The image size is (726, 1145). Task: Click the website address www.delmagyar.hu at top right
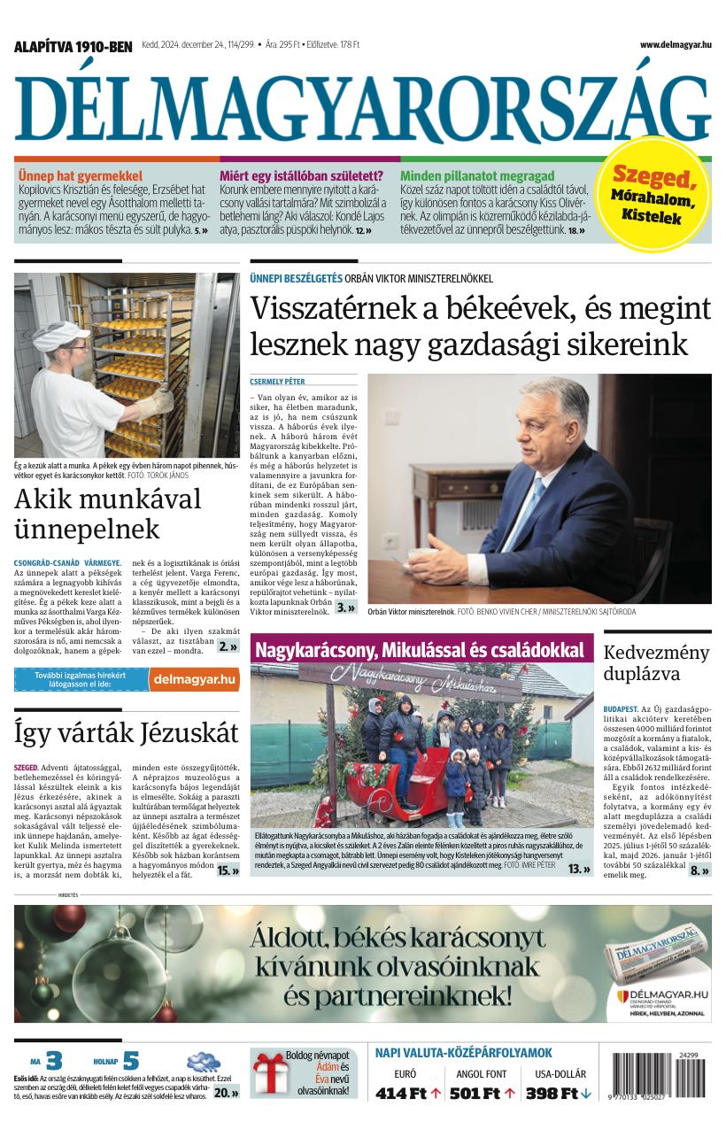(676, 45)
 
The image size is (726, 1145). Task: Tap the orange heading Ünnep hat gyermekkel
(81, 176)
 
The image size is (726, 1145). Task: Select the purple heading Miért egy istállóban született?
(301, 176)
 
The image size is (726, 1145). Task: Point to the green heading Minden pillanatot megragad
(477, 176)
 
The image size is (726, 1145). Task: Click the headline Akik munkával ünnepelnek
(107, 514)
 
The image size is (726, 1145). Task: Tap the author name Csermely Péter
(277, 382)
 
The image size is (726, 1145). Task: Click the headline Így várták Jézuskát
(127, 733)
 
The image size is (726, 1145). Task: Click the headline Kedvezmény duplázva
(656, 663)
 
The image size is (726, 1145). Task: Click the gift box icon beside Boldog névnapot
(268, 1072)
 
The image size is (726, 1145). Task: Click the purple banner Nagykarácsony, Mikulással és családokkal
(421, 650)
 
